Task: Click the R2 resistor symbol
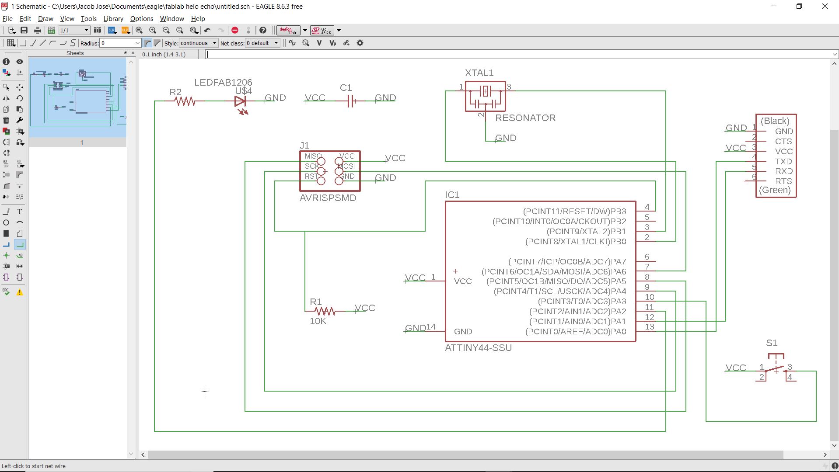point(185,101)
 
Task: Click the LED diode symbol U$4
point(240,101)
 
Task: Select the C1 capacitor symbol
point(350,101)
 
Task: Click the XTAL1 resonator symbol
point(485,96)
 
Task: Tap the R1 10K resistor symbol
point(325,311)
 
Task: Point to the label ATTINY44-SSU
point(478,348)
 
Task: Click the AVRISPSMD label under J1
point(328,198)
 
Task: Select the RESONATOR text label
point(525,118)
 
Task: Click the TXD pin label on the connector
point(783,162)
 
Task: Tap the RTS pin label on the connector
point(783,181)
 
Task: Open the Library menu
point(113,19)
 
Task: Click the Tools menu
point(88,19)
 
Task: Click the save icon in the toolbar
point(24,30)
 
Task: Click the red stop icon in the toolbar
point(235,30)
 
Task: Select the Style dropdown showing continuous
point(198,43)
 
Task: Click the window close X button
point(825,7)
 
